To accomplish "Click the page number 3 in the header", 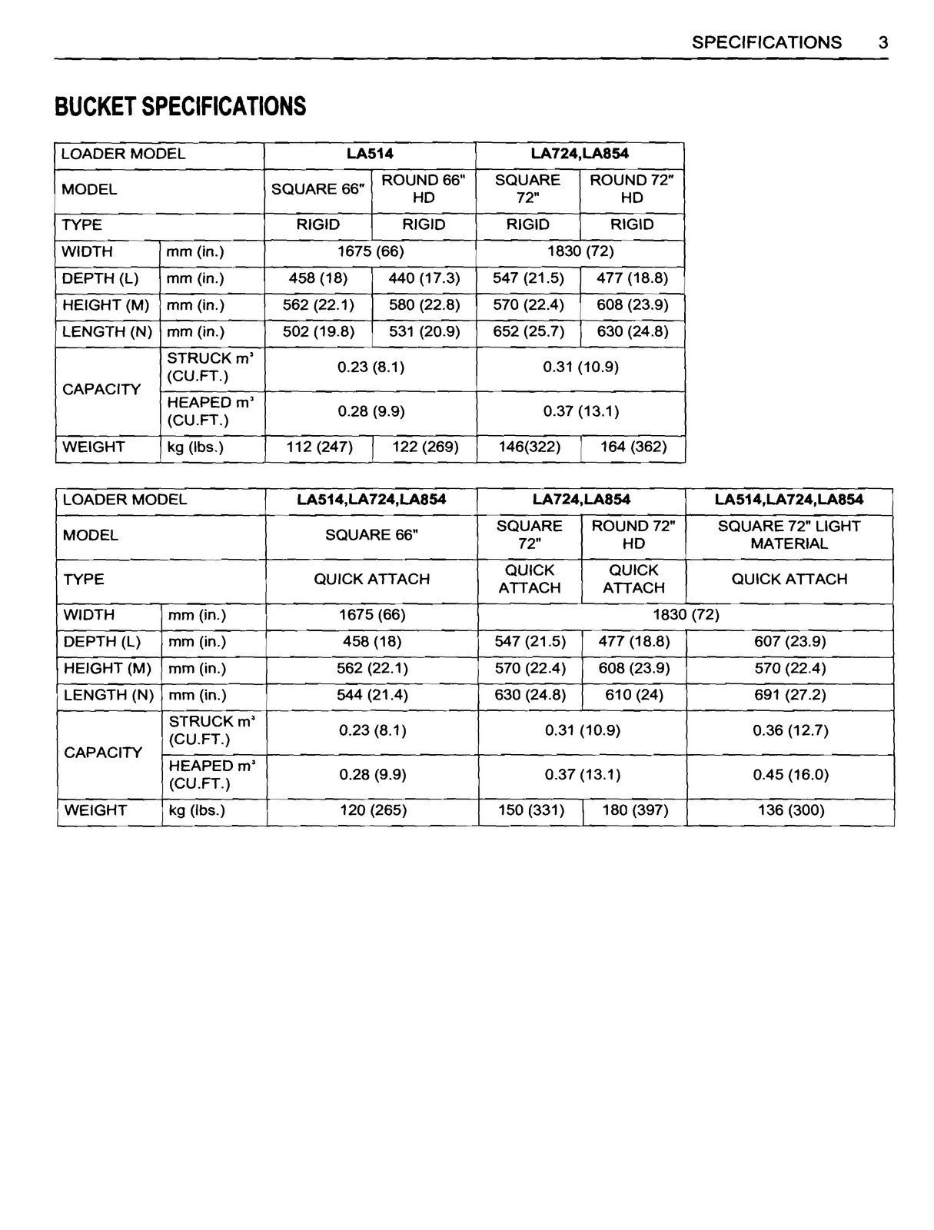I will pyautogui.click(x=883, y=42).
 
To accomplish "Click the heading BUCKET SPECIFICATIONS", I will pyautogui.click(x=180, y=106).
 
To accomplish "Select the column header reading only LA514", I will pyautogui.click(x=370, y=154).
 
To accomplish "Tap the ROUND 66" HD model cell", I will pyautogui.click(x=424, y=189).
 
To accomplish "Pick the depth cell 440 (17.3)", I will pyautogui.click(x=424, y=278).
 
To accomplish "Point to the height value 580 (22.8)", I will pyautogui.click(x=424, y=305).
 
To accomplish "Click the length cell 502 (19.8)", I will pyautogui.click(x=318, y=332).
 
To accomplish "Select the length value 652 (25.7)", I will pyautogui.click(x=528, y=332).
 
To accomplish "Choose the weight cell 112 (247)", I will pyautogui.click(x=319, y=447).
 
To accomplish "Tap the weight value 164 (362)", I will pyautogui.click(x=633, y=447).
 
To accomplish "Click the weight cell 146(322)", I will pyautogui.click(x=529, y=447).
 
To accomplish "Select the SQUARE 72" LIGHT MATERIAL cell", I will pyautogui.click(x=789, y=535).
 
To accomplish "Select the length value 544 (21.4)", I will pyautogui.click(x=372, y=696).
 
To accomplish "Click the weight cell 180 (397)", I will pyautogui.click(x=634, y=810).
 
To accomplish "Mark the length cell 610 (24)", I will pyautogui.click(x=634, y=696).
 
